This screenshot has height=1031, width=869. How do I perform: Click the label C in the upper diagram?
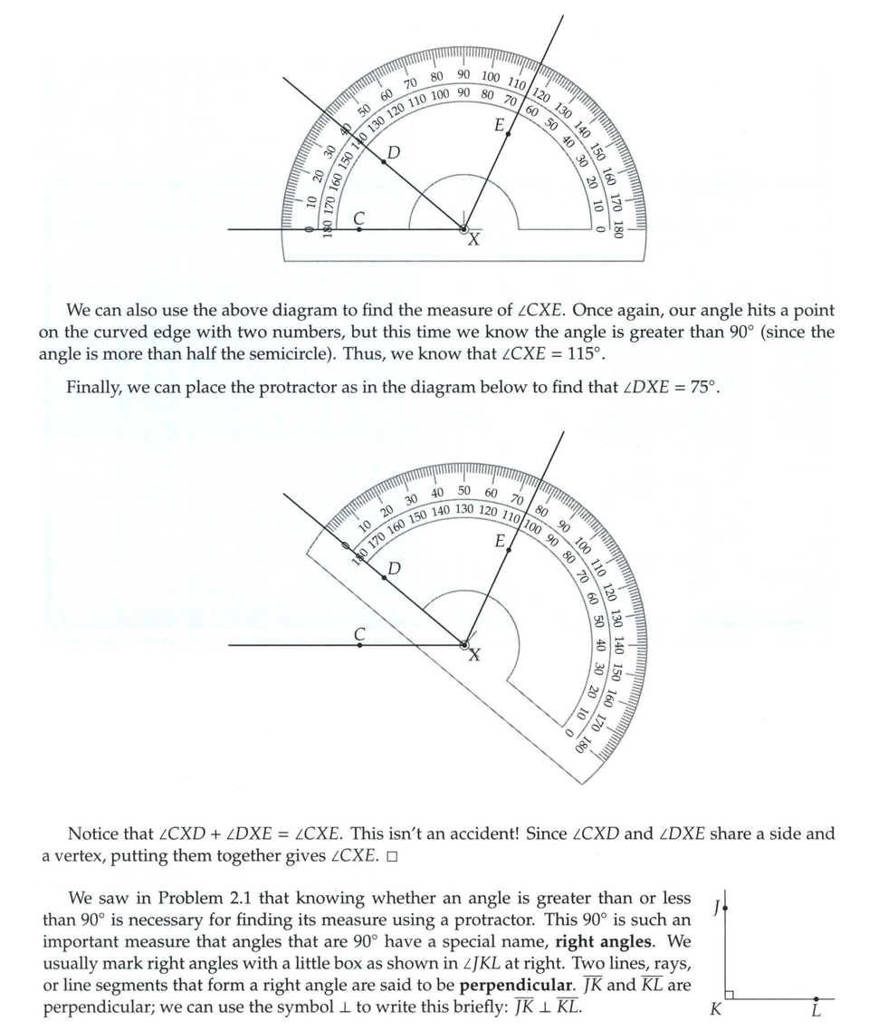359,217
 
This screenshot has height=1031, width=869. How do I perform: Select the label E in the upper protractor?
499,124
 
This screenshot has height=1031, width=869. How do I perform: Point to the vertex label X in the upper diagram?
473,240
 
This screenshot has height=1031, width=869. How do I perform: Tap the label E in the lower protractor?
500,541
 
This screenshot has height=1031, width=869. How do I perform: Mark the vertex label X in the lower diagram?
474,655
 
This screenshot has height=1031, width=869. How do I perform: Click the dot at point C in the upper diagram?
359,230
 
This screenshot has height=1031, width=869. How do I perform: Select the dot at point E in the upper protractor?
508,134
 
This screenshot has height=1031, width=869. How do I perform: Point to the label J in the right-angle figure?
716,906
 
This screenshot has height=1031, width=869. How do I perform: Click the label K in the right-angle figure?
715,1009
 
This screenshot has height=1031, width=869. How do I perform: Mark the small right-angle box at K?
730,995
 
